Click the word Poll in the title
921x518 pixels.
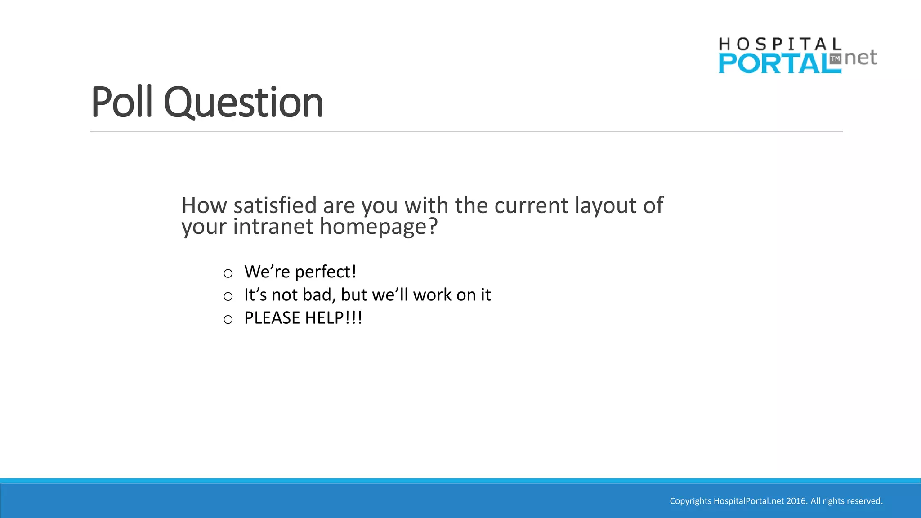(122, 103)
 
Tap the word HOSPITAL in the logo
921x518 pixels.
(780, 45)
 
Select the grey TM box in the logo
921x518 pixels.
(835, 59)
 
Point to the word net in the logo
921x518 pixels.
(861, 58)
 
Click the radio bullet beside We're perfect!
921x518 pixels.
(228, 273)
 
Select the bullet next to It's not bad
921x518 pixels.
(228, 296)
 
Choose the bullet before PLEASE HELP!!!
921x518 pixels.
(228, 319)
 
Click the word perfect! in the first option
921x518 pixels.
(326, 272)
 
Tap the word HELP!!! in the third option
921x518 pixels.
(334, 318)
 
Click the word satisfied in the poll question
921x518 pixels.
(275, 205)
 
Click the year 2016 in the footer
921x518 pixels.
(796, 501)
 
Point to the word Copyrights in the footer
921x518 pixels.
(690, 501)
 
